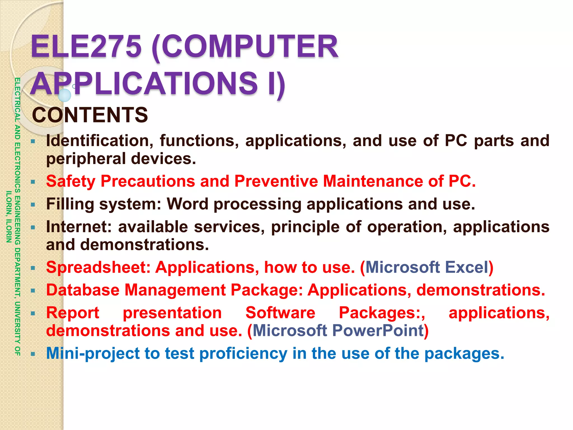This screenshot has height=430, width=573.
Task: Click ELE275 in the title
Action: [86, 46]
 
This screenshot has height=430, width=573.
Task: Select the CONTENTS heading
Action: [90, 115]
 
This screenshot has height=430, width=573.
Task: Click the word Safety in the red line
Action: [71, 181]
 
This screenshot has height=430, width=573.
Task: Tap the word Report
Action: [73, 313]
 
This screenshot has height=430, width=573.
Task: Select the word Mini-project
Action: [93, 354]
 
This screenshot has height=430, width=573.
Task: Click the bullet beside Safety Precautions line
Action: [33, 182]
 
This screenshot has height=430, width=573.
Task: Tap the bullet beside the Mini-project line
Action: [33, 354]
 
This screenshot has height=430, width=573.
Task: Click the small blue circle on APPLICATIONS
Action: [65, 95]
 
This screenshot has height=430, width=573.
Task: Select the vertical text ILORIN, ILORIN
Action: [9, 217]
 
